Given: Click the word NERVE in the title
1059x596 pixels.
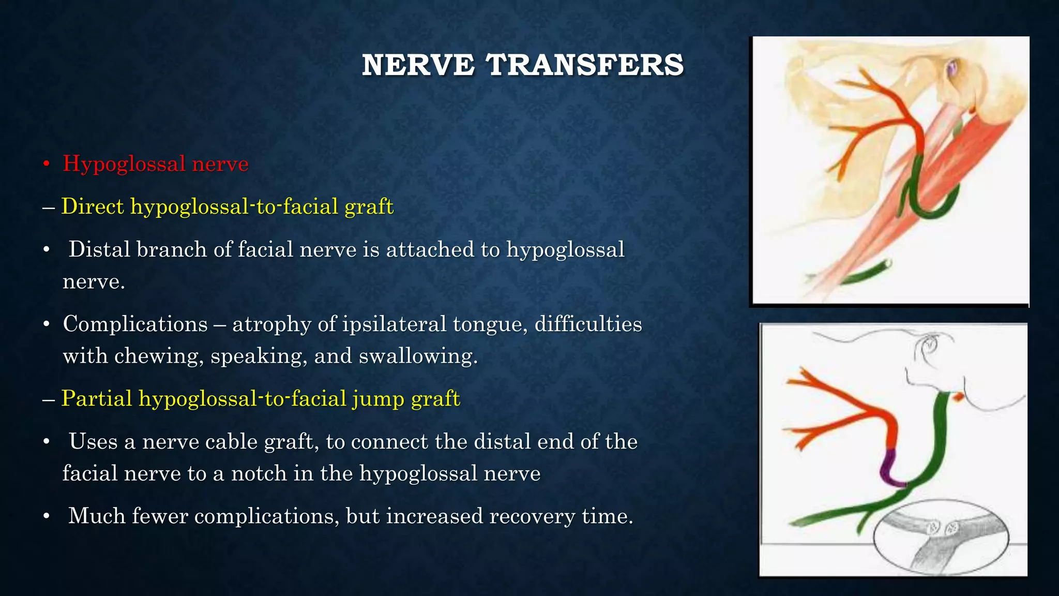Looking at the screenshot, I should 418,65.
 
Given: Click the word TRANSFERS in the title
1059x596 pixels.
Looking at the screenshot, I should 585,65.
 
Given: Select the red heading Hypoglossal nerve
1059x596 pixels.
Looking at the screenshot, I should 155,164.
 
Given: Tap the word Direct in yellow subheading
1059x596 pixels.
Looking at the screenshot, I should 93,206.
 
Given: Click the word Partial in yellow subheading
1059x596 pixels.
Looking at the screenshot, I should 97,399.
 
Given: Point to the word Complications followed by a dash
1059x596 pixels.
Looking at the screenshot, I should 135,324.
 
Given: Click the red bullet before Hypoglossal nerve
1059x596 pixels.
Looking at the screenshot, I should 47,165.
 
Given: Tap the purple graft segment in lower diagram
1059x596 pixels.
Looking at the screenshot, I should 890,468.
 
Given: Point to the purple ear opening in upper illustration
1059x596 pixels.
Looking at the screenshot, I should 952,67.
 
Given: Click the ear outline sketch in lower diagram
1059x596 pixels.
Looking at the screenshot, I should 931,352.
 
